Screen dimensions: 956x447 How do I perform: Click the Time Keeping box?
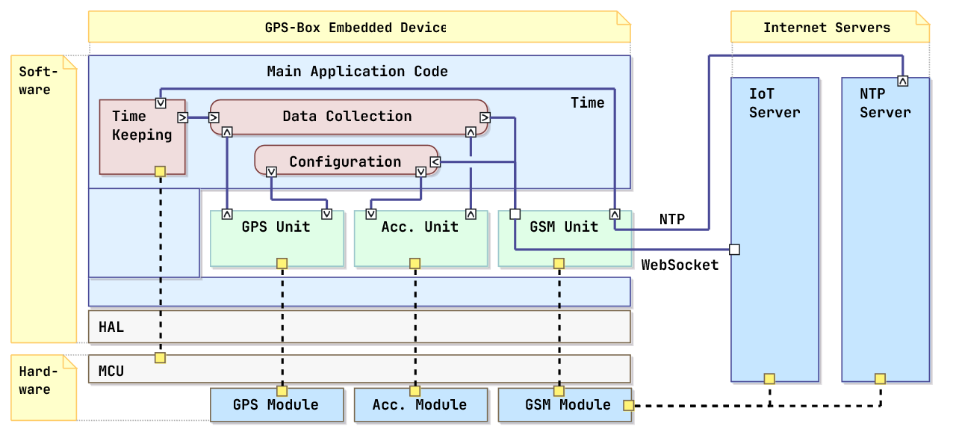142,137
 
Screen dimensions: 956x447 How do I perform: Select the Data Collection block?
349,117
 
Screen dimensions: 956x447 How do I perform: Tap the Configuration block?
346,160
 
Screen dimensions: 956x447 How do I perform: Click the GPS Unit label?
276,226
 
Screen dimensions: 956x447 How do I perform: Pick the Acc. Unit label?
420,226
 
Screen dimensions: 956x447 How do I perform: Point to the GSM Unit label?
564,226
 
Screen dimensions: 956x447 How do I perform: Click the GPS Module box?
276,404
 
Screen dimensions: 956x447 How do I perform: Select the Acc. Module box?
420,404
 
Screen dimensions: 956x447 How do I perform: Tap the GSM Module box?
565,404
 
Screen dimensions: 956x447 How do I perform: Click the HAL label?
111,327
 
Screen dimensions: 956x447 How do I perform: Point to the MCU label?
111,371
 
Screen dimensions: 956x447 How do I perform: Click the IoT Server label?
775,103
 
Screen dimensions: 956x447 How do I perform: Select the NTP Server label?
885,103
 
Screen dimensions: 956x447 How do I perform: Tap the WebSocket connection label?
680,265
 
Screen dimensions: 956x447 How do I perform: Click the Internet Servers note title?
827,28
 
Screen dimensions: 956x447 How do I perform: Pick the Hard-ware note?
43,388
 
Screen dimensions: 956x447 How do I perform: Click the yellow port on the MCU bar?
160,358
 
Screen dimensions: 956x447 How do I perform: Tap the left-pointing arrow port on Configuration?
435,162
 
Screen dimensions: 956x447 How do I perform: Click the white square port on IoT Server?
734,250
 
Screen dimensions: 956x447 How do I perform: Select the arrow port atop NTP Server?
903,81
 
